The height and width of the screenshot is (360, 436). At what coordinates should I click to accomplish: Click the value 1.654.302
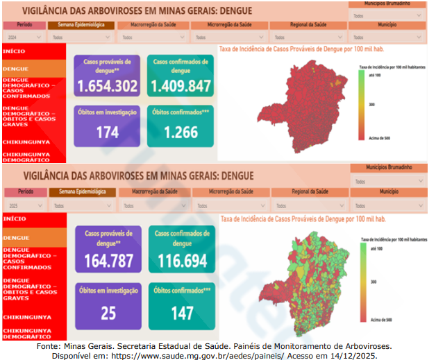tap(108, 87)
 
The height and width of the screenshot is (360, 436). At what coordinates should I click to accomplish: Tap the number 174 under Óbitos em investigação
tap(108, 132)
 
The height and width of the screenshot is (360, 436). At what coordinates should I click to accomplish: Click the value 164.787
tap(108, 262)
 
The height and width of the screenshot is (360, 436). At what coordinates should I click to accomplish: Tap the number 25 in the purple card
tap(108, 313)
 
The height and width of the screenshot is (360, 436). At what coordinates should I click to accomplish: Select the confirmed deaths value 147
tap(182, 313)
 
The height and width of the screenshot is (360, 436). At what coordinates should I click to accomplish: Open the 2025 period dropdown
tap(25, 205)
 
